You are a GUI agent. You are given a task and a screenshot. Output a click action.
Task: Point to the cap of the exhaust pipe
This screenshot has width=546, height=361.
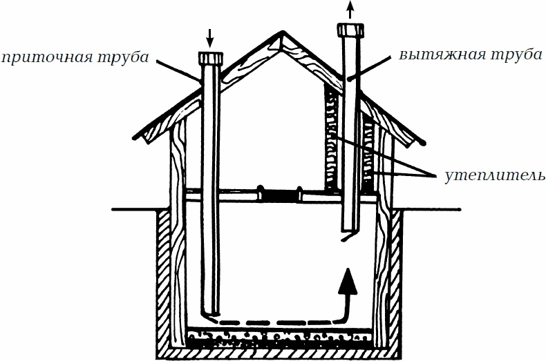click(x=349, y=30)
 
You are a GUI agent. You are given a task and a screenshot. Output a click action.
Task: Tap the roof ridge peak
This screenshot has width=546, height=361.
click(x=281, y=35)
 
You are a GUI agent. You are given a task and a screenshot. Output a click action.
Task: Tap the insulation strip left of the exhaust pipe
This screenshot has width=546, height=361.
click(x=332, y=138)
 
